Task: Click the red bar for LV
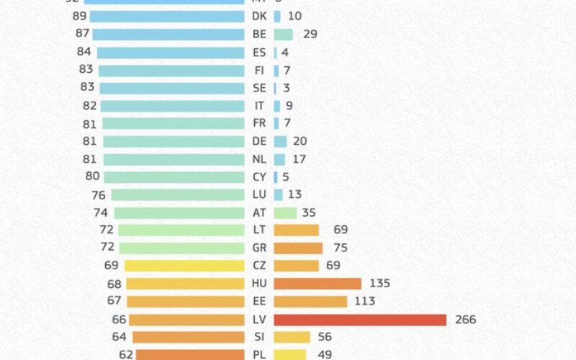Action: coord(360,319)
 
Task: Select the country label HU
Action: coord(259,284)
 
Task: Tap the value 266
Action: coord(465,319)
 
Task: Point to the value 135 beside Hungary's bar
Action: coord(379,284)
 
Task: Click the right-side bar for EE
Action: coord(310,302)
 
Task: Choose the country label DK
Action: coord(259,16)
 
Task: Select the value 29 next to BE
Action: coord(310,34)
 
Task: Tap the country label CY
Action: coord(259,176)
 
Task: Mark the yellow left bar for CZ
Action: coord(184,266)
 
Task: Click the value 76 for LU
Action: coord(99,194)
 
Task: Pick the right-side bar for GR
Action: coord(298,248)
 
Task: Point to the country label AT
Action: coord(259,212)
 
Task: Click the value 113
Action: coord(364,302)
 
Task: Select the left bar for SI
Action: coord(189,337)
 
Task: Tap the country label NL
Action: coord(259,158)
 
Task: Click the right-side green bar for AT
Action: coord(285,212)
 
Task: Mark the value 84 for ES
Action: coord(84,52)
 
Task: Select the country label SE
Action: coord(259,88)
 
